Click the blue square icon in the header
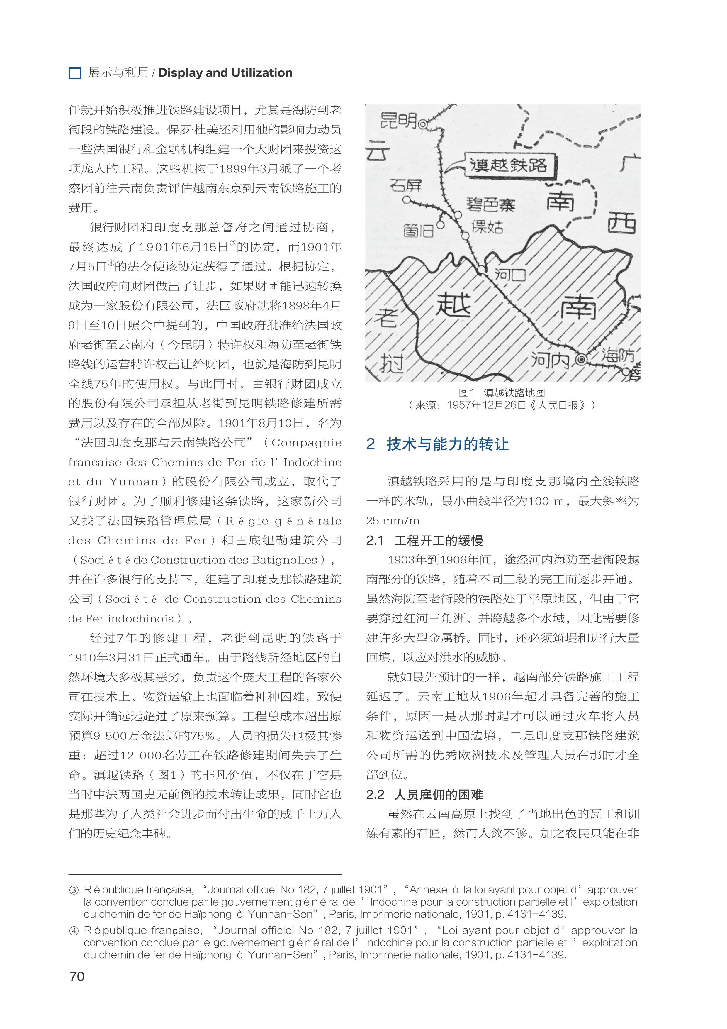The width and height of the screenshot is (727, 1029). (x=75, y=73)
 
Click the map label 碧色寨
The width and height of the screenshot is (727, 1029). (x=490, y=205)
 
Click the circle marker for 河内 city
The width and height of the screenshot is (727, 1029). (x=581, y=359)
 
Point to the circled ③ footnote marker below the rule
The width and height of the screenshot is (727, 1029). (x=74, y=890)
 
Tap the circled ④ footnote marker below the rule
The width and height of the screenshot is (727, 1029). (x=74, y=931)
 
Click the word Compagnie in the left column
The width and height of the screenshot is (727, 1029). (x=306, y=443)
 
